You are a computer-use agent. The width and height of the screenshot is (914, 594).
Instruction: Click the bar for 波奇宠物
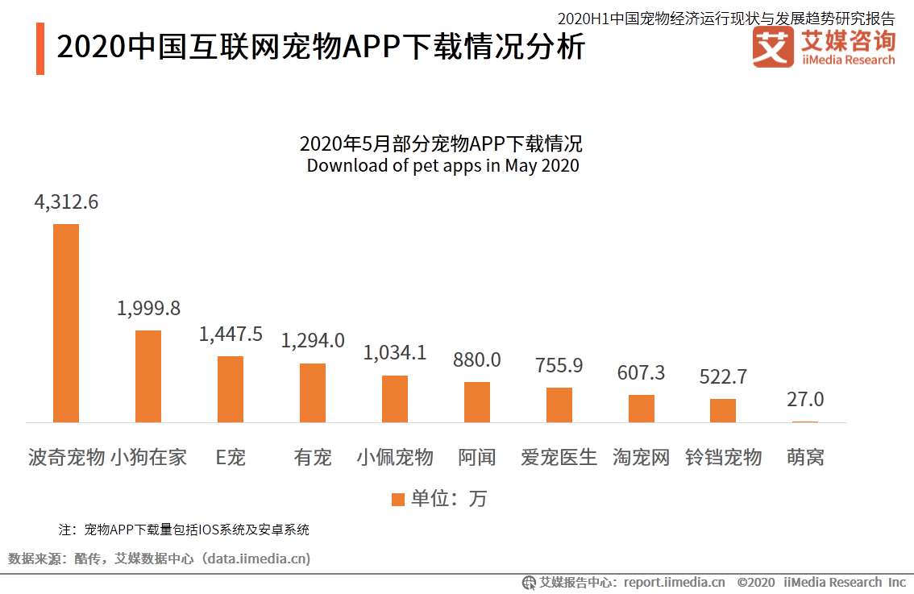[66, 322]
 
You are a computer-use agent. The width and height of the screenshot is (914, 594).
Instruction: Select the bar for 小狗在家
[148, 376]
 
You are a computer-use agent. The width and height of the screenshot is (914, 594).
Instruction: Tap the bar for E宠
[231, 388]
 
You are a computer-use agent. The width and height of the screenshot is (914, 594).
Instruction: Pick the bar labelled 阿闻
[477, 401]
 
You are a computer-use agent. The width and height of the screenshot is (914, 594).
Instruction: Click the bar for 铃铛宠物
[723, 410]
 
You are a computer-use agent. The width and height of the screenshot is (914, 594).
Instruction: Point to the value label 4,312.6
[66, 202]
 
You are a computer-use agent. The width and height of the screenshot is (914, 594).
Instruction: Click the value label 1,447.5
[231, 334]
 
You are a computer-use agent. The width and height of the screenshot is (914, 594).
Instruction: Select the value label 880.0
[477, 360]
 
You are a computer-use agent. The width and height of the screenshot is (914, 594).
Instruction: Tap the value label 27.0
[805, 400]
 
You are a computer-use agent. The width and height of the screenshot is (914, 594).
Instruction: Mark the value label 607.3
[641, 373]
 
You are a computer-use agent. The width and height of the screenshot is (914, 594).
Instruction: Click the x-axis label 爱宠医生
[559, 458]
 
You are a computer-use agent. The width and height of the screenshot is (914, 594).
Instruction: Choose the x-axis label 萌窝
[805, 458]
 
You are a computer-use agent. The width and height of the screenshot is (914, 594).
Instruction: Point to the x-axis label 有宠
[313, 458]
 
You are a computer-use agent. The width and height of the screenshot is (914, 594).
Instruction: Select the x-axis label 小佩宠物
[395, 458]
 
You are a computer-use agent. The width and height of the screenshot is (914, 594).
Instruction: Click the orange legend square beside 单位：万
[397, 499]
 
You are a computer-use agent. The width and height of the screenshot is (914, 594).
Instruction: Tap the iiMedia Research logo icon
[773, 48]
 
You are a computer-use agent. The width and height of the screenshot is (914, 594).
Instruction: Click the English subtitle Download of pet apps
[442, 166]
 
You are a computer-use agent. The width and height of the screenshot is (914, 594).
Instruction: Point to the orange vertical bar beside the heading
[40, 49]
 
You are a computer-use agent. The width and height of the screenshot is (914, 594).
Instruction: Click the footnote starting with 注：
[185, 530]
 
